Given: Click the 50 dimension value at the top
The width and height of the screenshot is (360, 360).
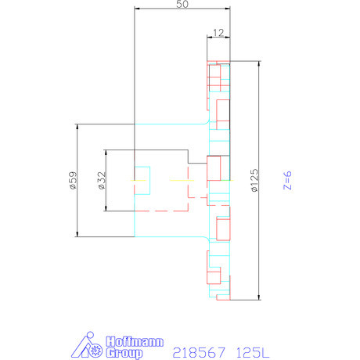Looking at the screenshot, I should [x=182, y=5].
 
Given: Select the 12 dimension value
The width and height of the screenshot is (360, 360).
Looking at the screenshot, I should [x=218, y=32].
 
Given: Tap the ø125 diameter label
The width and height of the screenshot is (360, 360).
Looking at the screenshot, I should [x=254, y=181].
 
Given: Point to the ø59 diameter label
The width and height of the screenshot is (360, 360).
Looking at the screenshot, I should [x=72, y=181].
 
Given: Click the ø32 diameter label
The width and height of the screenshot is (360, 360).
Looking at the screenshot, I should [x=101, y=181].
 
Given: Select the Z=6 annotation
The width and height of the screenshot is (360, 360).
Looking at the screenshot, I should [x=287, y=181].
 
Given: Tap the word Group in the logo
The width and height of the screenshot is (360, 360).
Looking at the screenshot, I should [x=122, y=353].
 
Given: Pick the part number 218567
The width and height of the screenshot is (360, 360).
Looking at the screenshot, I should [x=196, y=352].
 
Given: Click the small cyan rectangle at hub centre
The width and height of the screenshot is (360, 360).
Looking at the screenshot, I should [x=142, y=173].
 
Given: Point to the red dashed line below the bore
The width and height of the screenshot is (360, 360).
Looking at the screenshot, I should [x=169, y=211].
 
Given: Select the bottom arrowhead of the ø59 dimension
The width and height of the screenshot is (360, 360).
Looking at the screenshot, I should [x=77, y=234].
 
